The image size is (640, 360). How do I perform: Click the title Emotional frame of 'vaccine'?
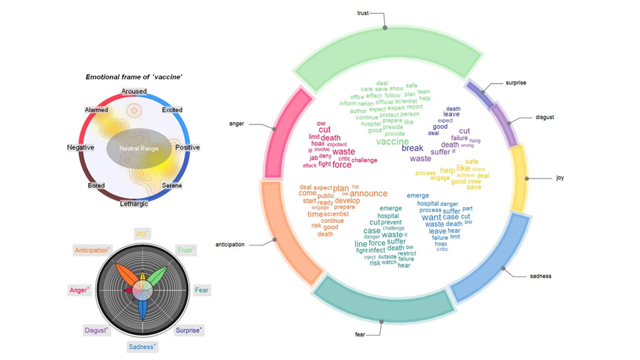[x=134, y=77]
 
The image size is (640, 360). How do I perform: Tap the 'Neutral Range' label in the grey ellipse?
[x=139, y=148]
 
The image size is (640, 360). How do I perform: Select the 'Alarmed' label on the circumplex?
[x=96, y=110]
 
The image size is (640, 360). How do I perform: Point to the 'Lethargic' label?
[x=134, y=204]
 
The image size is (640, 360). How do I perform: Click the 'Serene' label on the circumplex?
[x=172, y=185]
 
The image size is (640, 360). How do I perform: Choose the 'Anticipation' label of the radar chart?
[x=92, y=250]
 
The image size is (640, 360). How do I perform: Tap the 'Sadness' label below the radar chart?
[x=141, y=347]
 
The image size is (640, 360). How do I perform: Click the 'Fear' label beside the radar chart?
[x=201, y=290]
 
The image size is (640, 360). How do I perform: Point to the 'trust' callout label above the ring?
[x=363, y=13]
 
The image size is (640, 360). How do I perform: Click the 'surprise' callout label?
[x=516, y=83]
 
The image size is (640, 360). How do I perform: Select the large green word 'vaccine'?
[x=392, y=141]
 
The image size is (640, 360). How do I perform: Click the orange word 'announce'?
[x=368, y=193]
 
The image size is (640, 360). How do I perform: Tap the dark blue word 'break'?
[x=412, y=148]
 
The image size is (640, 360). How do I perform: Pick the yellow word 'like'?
[x=463, y=168]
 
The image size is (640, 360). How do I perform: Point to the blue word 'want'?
[x=431, y=218]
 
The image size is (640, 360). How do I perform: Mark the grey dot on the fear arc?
[x=381, y=322]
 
